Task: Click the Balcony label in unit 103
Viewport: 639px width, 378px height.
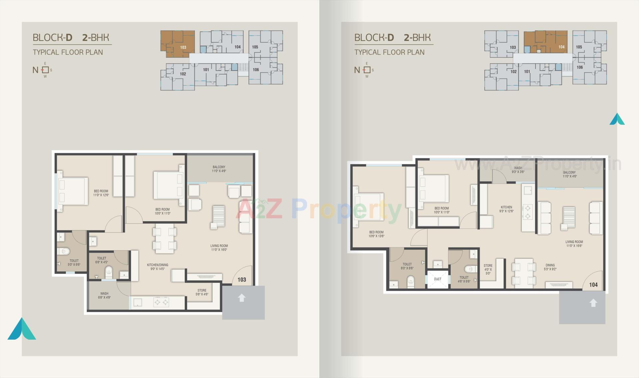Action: point(219,169)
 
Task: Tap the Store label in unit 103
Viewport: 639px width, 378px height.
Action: point(202,292)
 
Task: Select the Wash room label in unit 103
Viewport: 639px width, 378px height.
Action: point(104,295)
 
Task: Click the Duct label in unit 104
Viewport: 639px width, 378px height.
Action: point(437,279)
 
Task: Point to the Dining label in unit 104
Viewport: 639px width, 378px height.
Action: point(550,267)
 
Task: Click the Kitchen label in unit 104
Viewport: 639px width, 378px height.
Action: point(506,209)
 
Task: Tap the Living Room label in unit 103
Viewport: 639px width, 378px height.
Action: point(219,247)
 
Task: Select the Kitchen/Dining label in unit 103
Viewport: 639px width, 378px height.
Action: point(157,267)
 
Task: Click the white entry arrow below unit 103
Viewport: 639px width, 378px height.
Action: point(242,298)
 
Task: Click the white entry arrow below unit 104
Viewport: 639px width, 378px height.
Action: point(593,303)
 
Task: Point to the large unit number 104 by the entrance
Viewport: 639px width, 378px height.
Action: point(593,285)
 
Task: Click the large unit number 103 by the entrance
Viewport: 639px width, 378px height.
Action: point(242,280)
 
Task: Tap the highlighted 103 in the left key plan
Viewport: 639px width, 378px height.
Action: point(183,47)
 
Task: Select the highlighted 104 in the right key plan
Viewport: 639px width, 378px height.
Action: point(561,47)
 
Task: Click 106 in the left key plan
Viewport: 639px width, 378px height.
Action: point(256,70)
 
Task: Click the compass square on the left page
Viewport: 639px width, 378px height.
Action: point(45,70)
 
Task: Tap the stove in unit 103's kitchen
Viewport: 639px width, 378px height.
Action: point(161,302)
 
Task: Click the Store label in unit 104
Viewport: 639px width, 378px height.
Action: point(488,269)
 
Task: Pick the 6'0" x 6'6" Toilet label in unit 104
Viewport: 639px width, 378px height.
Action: point(407,266)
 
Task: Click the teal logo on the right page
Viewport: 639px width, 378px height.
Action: point(617,119)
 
